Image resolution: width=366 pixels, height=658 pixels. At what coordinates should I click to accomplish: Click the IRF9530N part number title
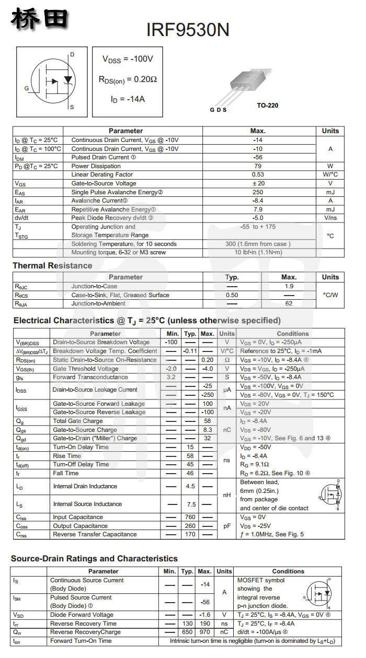[188, 30]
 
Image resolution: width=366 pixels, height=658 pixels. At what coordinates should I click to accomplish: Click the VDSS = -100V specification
[128, 60]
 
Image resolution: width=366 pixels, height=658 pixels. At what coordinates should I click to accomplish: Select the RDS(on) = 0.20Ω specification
[128, 79]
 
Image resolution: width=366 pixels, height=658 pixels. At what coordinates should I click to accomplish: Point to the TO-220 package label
[267, 105]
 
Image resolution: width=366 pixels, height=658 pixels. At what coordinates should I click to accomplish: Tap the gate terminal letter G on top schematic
[27, 88]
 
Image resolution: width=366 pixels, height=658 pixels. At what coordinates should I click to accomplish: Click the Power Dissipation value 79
[258, 166]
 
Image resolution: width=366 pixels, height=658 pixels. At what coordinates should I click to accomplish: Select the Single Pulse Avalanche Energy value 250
[258, 192]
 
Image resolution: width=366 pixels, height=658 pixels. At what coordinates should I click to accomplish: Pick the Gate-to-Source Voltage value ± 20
[258, 183]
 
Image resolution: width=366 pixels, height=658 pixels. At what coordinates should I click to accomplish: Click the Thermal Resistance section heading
[52, 266]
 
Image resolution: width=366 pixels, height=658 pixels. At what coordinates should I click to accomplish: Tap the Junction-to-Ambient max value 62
[289, 303]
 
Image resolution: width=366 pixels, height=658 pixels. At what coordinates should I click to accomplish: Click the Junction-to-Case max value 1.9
[289, 286]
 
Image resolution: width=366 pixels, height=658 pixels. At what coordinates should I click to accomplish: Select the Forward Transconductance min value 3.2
[171, 377]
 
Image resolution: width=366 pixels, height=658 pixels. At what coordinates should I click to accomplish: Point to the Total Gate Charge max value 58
[208, 421]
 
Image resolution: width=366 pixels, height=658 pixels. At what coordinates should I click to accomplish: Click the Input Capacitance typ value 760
[190, 517]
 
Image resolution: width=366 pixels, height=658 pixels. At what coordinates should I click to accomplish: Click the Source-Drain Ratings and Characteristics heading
[94, 559]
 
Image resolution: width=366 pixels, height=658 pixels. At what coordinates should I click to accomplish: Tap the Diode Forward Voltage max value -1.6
[206, 615]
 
